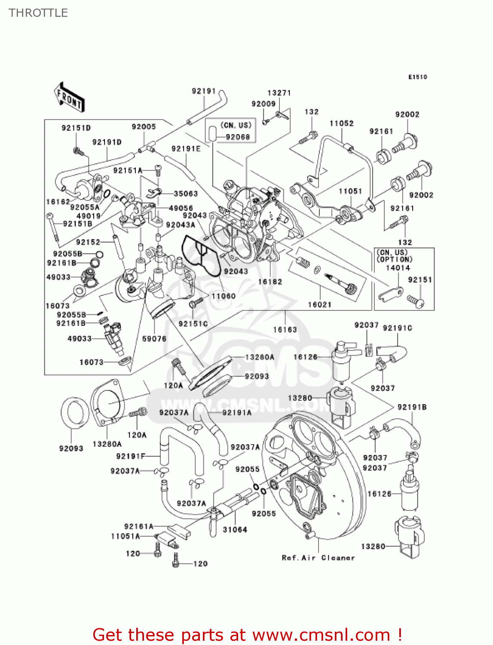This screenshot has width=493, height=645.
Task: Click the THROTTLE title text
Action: (38, 13)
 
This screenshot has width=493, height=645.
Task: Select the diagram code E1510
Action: (417, 77)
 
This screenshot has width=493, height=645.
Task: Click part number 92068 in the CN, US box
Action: (238, 137)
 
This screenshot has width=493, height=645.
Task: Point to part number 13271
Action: (279, 93)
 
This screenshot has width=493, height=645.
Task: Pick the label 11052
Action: (341, 123)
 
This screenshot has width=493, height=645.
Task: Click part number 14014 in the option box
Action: (398, 267)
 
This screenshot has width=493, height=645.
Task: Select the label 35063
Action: (186, 193)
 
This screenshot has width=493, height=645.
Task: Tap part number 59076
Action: (154, 339)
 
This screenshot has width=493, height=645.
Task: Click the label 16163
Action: (285, 329)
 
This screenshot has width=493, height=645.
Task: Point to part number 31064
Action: (235, 530)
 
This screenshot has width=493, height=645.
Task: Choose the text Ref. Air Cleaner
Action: (318, 558)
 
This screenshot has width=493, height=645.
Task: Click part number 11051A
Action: (126, 536)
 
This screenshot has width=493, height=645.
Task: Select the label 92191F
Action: (131, 456)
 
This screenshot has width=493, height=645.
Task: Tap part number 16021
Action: (319, 304)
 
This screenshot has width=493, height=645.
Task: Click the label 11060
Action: (224, 296)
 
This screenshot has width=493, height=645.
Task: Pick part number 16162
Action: (58, 202)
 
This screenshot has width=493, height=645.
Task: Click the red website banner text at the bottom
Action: (247, 635)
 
